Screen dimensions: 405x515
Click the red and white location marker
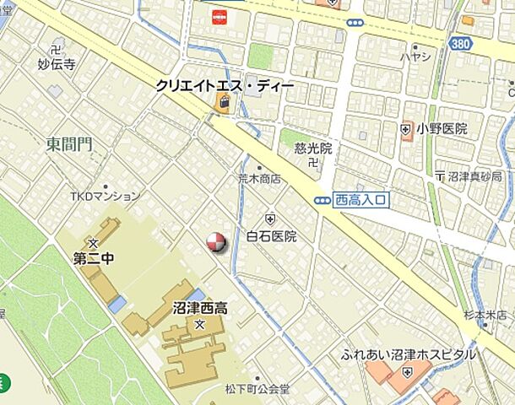tap(217, 242)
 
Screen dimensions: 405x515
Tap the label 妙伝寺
tap(57, 63)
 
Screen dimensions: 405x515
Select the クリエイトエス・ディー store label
tap(224, 85)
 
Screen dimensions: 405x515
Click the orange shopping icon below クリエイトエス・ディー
tap(223, 104)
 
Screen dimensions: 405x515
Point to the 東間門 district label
tap(69, 145)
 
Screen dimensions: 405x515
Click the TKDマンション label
tap(105, 197)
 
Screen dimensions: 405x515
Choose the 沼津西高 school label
tap(199, 308)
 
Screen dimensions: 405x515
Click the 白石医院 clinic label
tap(271, 236)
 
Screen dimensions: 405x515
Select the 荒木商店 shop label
tap(259, 179)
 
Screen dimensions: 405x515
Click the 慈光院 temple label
tap(313, 148)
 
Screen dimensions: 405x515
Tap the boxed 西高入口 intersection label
tap(360, 200)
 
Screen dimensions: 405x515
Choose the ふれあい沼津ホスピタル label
tap(409, 355)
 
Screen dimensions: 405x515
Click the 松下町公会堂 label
tap(257, 390)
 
